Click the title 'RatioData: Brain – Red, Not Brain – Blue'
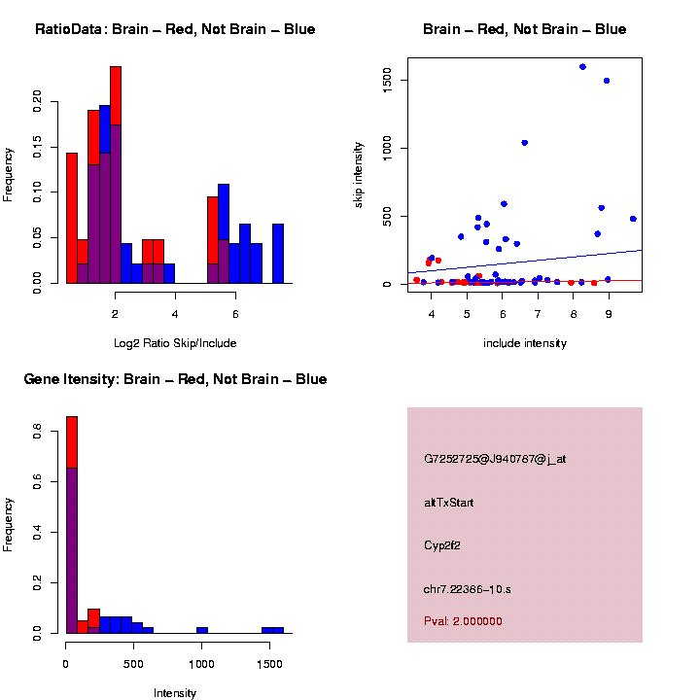coord(175,29)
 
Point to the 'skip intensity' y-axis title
coord(359,171)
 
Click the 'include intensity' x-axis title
coord(525,343)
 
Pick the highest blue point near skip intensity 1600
coord(582,67)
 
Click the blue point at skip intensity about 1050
coord(524,143)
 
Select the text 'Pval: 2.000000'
coord(463,620)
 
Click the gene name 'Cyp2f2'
coord(442,545)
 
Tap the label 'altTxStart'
coord(449,503)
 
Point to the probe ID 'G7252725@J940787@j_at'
coord(495,459)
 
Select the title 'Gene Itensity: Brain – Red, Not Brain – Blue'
coord(175,379)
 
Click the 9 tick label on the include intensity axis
coord(608,313)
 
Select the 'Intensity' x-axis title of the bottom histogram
coord(175,693)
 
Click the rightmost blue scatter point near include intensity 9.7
coord(633,219)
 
